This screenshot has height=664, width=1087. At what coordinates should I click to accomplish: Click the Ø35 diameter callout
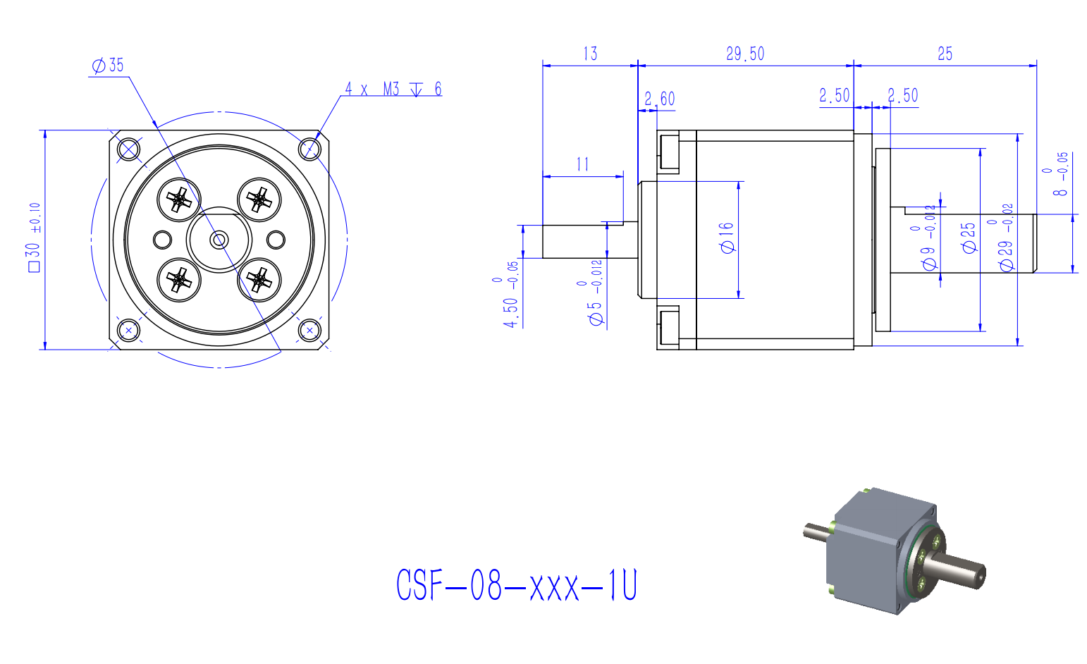tap(108, 66)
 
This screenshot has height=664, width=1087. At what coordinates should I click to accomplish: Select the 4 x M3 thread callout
tap(393, 89)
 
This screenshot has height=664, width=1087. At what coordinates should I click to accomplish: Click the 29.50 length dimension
tap(745, 54)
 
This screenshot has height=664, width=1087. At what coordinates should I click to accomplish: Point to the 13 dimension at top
tap(590, 54)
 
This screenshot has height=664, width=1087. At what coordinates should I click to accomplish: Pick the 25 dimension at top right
tap(945, 54)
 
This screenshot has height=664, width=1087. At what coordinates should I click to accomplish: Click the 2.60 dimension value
tap(660, 98)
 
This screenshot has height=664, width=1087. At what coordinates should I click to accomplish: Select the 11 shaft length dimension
tap(582, 164)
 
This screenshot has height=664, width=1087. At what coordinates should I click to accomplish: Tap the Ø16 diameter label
tap(727, 238)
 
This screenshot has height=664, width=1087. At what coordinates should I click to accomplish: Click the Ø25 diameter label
tap(969, 238)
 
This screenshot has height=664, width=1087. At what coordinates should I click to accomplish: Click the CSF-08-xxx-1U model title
tap(517, 586)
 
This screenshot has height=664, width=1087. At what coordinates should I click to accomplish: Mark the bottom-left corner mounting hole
tap(128, 329)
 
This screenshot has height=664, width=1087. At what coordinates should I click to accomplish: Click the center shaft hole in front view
tap(219, 240)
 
